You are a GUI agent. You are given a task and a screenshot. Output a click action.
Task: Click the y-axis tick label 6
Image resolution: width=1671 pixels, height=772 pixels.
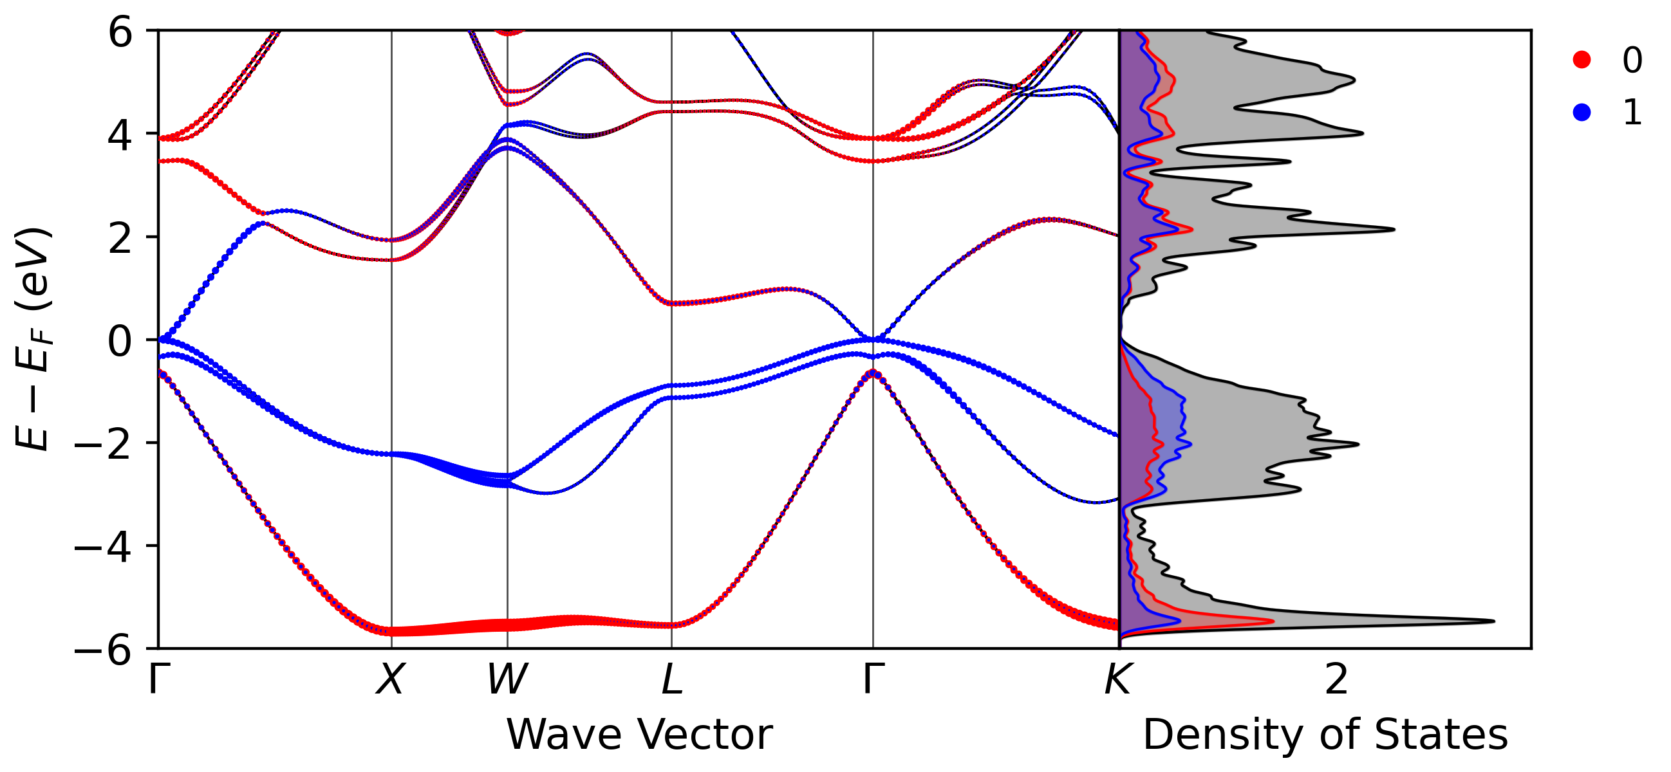pos(121,32)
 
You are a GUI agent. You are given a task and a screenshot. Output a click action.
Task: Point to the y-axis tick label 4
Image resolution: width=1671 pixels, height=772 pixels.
pos(121,135)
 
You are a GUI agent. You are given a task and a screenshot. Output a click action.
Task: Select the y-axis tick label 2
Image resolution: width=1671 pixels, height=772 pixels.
pos(121,238)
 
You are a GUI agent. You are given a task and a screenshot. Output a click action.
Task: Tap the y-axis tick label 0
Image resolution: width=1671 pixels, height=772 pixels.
pos(121,341)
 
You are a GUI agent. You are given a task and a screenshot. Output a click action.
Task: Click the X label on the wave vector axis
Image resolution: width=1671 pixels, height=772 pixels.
pos(391,679)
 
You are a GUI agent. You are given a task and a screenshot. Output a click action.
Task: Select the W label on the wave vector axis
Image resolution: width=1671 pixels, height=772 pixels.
pos(507,679)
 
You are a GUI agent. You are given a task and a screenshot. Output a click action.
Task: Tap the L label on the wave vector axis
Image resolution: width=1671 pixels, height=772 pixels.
pos(672,679)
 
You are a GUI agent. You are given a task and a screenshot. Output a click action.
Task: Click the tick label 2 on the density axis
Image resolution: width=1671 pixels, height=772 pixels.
pos(1336,679)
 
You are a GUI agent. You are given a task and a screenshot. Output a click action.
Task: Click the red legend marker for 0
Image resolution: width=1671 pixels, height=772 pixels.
pos(1582,60)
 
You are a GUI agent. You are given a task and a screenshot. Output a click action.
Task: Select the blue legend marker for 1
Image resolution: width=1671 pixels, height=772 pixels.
pos(1582,112)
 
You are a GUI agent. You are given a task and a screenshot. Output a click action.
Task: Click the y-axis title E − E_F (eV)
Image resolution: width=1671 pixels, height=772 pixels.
pos(32,338)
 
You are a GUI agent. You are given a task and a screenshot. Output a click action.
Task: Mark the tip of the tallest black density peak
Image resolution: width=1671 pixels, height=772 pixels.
pos(1494,621)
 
